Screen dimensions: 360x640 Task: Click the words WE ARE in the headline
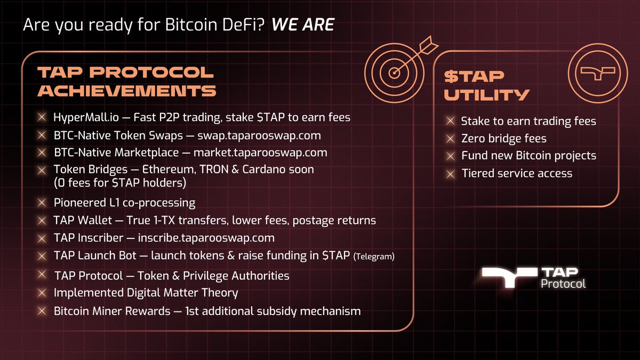click(x=303, y=25)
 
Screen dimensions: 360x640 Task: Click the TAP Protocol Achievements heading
click(x=126, y=82)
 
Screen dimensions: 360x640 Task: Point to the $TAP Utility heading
click(x=487, y=86)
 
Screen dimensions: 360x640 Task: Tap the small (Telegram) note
click(x=374, y=257)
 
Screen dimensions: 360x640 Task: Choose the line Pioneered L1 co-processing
click(x=124, y=203)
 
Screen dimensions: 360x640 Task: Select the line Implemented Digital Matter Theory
click(x=146, y=292)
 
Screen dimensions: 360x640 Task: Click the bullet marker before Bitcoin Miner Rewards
click(x=42, y=310)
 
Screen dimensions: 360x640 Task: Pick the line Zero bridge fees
click(x=503, y=139)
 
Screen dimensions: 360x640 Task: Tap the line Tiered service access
click(x=516, y=173)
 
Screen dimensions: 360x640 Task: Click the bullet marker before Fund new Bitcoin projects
click(x=451, y=156)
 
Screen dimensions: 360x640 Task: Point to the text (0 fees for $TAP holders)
click(x=122, y=183)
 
